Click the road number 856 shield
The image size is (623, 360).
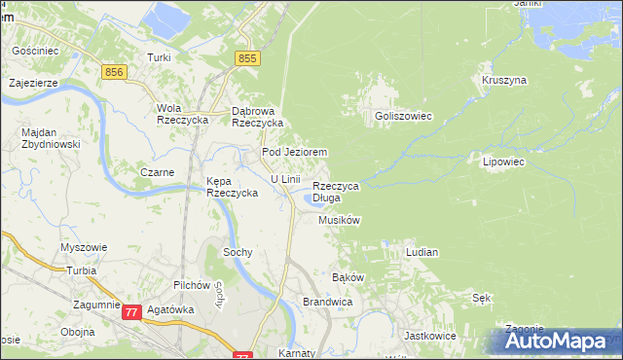(x=115, y=73)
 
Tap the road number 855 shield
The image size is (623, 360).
(x=248, y=59)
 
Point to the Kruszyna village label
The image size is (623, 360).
(x=503, y=80)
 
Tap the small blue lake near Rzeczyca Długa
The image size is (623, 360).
(x=313, y=199)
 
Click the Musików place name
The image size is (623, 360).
(x=340, y=221)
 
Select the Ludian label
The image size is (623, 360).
(x=421, y=252)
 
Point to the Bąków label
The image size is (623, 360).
(x=348, y=277)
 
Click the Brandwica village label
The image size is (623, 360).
(x=326, y=303)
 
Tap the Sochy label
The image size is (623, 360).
(x=238, y=252)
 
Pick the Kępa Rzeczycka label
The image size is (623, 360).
(x=232, y=187)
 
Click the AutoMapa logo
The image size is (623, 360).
(x=560, y=342)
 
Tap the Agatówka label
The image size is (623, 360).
(x=169, y=309)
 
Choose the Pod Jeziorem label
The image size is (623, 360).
(x=293, y=153)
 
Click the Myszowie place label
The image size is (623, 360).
(x=84, y=247)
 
